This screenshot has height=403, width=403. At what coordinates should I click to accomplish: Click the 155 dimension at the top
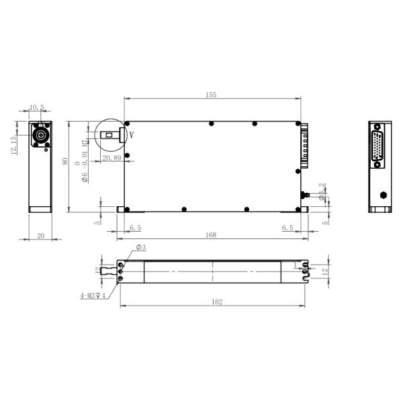click(x=211, y=95)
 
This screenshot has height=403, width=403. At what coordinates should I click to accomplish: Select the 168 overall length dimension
click(x=212, y=234)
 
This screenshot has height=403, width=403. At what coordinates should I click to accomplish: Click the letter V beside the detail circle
click(x=132, y=134)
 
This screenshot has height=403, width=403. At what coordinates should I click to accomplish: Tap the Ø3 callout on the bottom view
click(x=141, y=248)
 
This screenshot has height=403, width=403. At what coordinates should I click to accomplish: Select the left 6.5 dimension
click(x=135, y=228)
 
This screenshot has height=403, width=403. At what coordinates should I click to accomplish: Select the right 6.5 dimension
click(x=287, y=228)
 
